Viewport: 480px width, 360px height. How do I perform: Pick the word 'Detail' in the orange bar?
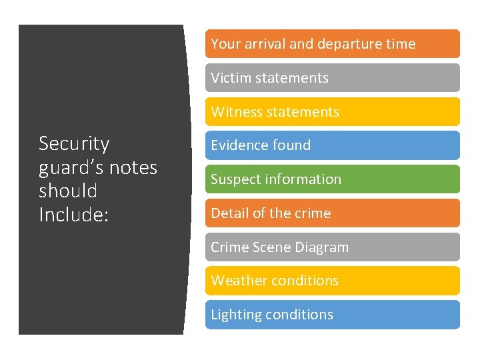228,213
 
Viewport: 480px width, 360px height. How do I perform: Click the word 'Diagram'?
323,247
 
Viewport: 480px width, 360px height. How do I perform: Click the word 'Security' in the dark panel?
74,145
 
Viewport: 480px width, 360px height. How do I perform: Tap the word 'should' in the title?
68,191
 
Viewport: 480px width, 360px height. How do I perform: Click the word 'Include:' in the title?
73,215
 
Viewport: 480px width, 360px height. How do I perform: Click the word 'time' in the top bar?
400,44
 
